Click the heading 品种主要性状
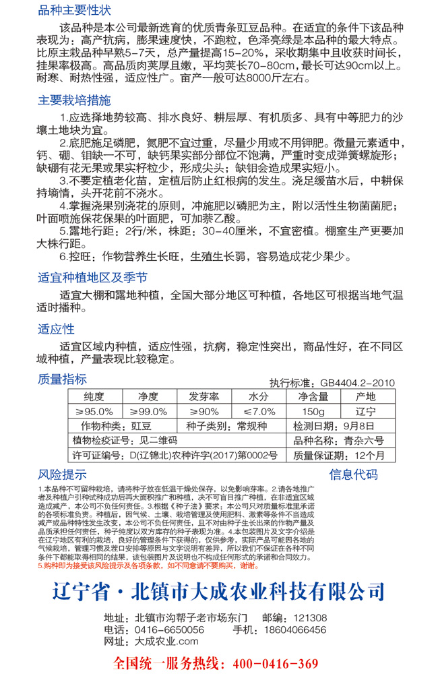click(75, 11)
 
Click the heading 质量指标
click(63, 379)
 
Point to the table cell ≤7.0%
click(259, 411)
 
